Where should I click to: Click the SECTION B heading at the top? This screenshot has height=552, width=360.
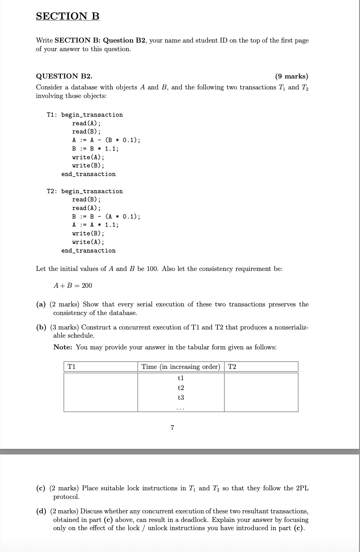pos(68,16)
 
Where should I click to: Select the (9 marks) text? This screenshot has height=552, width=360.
pos(291,76)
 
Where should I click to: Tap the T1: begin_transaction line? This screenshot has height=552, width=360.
pos(85,115)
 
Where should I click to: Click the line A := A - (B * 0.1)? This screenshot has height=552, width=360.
pos(106,140)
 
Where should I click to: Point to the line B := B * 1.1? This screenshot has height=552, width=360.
pos(95,149)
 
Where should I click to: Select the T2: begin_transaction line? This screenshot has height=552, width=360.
pos(85,191)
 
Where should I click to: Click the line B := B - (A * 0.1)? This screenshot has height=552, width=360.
pos(106,217)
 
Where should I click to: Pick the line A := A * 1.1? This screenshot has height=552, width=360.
pos(95,225)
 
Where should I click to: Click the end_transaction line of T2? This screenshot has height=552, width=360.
pos(88,251)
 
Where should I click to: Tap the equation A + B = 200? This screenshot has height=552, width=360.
pos(73,285)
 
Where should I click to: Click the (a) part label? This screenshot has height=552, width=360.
pos(41,304)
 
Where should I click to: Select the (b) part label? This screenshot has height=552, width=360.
pos(41,327)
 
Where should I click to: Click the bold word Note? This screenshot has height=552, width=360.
pos(63,347)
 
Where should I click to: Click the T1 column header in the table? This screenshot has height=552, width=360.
pos(71,367)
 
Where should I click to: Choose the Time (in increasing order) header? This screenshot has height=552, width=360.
pos(181,367)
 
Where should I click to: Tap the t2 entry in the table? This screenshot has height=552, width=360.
pos(180,388)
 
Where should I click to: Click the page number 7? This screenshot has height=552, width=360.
pos(173,427)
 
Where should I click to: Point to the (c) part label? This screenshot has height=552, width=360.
pos(41,488)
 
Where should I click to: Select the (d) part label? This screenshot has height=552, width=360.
pos(41,511)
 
